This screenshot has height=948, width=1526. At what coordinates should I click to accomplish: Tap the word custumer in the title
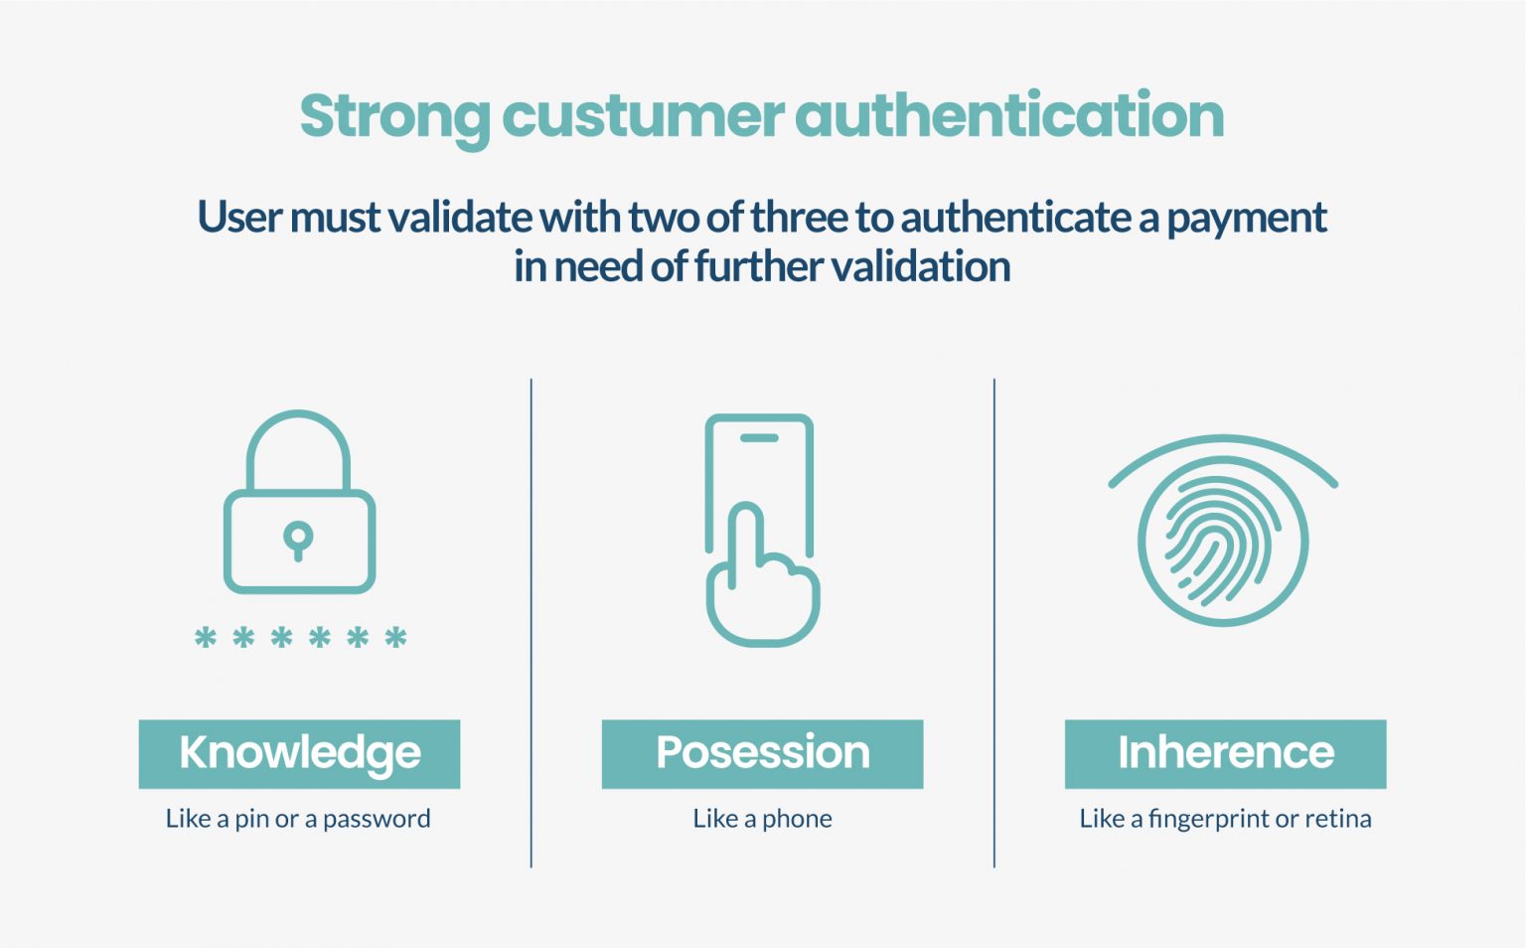[x=643, y=116]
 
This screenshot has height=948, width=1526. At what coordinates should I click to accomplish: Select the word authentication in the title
[x=1009, y=116]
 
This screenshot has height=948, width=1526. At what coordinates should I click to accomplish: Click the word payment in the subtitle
[x=1247, y=218]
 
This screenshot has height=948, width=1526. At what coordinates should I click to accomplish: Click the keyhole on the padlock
[x=298, y=540]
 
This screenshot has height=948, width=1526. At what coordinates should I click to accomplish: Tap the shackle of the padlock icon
[x=298, y=447]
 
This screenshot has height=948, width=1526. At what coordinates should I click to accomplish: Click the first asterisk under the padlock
[x=206, y=638]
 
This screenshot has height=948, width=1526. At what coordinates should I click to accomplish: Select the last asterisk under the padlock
[x=395, y=638]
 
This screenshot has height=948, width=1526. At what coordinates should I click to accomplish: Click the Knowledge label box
[x=299, y=753]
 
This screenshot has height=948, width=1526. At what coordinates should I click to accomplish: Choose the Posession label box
[x=762, y=753]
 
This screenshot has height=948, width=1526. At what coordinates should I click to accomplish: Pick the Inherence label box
[x=1225, y=753]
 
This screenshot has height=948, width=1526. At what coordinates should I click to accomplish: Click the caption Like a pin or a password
[x=298, y=819]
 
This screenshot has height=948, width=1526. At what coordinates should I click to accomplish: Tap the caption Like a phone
[x=762, y=819]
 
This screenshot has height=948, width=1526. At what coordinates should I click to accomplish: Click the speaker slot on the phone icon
[x=760, y=438]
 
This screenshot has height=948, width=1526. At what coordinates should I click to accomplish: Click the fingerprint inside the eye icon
[x=1221, y=541]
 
